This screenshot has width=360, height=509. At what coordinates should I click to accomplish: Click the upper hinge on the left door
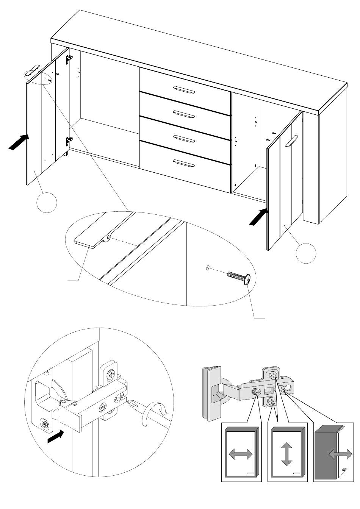[69, 58]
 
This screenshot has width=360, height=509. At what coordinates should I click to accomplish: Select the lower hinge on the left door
[69, 141]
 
